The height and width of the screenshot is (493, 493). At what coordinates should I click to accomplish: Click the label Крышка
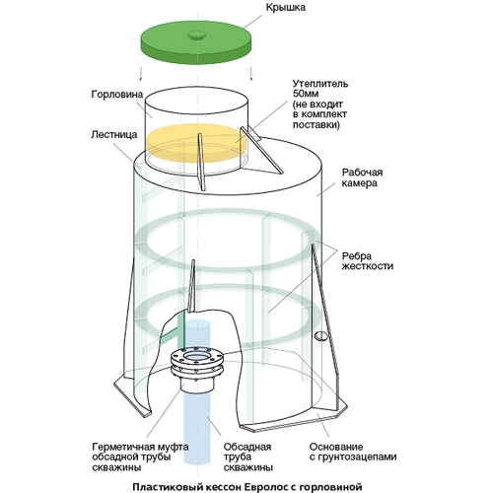(x=285, y=7)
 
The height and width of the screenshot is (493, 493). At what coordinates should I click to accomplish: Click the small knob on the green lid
(x=196, y=35)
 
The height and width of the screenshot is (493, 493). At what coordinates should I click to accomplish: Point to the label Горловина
(x=117, y=95)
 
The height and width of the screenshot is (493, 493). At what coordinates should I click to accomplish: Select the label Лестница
(x=114, y=135)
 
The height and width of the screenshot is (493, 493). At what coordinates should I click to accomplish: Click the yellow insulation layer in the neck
(x=196, y=144)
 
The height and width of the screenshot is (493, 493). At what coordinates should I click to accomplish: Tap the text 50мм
(x=306, y=94)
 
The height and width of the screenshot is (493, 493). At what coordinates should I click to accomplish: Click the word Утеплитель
(x=320, y=84)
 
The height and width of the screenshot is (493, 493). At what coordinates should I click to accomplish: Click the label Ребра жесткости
(x=368, y=260)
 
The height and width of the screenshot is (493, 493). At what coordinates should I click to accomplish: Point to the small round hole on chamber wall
(x=320, y=336)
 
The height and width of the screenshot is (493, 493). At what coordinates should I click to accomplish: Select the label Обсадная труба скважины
(x=247, y=457)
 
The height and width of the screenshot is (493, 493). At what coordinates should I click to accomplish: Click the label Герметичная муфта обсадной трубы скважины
(x=141, y=457)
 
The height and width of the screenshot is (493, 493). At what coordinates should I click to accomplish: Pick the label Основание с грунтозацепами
(x=353, y=452)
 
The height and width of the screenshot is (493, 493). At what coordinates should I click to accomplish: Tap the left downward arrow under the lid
(x=141, y=74)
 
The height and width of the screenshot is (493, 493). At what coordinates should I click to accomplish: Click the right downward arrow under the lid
(x=251, y=74)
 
